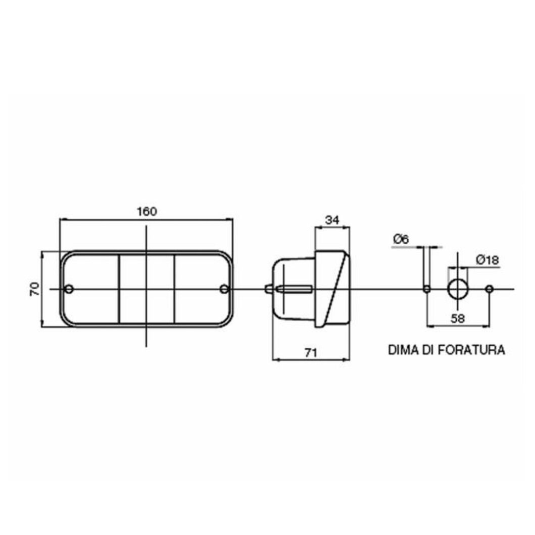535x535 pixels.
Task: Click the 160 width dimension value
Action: tap(147, 212)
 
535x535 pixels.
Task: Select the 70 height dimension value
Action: tap(34, 289)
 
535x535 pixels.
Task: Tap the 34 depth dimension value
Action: tap(332, 220)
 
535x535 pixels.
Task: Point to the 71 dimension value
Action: tap(310, 353)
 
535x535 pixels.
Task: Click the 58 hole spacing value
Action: tap(458, 319)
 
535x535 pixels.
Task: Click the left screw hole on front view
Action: tap(69, 289)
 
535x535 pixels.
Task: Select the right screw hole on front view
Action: tap(224, 289)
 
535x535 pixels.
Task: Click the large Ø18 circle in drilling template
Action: tap(457, 289)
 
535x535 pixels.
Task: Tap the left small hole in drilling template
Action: tap(427, 289)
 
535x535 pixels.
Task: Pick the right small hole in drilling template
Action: tap(489, 289)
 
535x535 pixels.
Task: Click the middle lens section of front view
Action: tap(147, 307)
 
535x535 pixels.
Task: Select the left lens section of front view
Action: tap(92, 307)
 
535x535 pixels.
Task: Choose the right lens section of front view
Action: tap(202, 307)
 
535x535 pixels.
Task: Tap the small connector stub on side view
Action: tap(268, 289)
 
